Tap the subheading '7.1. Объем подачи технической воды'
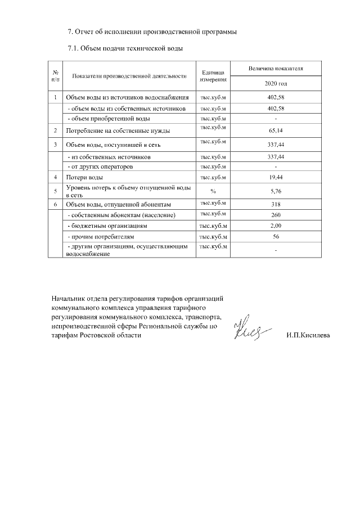click(x=125, y=48)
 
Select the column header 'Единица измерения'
click(x=213, y=75)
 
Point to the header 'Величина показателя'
click(x=276, y=67)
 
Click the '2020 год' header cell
click(x=276, y=83)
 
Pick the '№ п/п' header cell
click(x=56, y=75)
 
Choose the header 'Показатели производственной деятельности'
click(x=129, y=75)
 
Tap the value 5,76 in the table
click(x=276, y=191)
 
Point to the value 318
click(x=276, y=204)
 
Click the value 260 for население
click(x=276, y=215)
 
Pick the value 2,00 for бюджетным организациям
click(x=276, y=226)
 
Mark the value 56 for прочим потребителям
click(x=276, y=237)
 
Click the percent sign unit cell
click(x=213, y=191)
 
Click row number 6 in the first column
click(x=56, y=204)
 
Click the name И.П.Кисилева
click(x=308, y=336)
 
